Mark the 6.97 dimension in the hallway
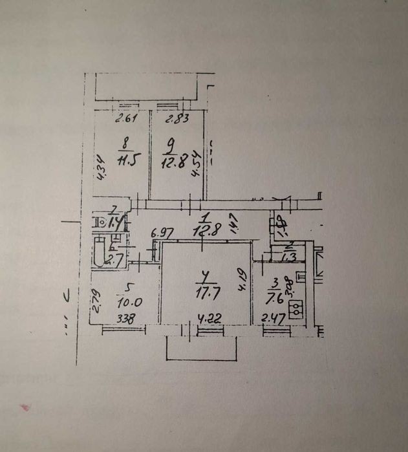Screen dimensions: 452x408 (162, 232)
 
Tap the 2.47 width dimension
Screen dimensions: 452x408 (272, 318)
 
